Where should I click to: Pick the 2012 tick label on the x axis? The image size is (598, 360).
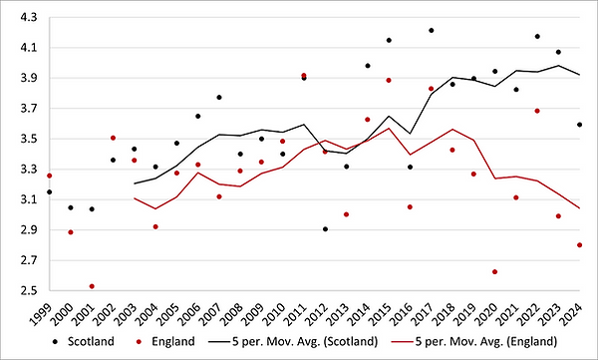(325, 311)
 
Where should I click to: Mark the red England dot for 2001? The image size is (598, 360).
(92, 286)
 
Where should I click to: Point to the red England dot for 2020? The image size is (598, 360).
(494, 271)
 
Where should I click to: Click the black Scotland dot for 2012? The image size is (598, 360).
(325, 229)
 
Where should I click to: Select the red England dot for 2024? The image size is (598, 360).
(579, 245)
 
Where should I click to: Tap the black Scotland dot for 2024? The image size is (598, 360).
(579, 125)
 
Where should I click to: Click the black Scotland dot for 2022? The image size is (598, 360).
(537, 36)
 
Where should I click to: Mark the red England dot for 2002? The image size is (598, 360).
(113, 138)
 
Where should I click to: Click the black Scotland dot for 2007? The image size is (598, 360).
(218, 98)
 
